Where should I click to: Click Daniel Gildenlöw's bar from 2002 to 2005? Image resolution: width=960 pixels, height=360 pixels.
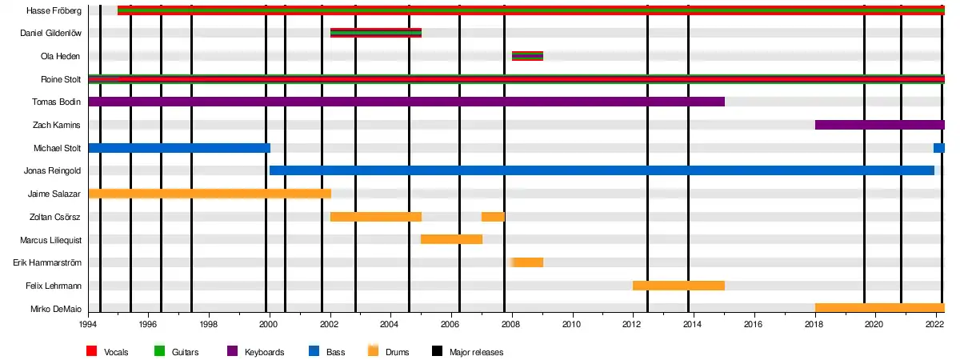pos(375,33)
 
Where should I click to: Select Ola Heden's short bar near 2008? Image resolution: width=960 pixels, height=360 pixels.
pos(527,56)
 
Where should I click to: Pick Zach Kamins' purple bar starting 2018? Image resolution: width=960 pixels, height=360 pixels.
pos(879,125)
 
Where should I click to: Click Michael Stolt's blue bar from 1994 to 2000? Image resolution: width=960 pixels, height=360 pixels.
pos(179,148)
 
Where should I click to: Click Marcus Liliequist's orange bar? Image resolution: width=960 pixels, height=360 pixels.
pos(451,239)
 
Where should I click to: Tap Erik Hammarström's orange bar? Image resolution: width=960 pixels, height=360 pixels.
pos(527,262)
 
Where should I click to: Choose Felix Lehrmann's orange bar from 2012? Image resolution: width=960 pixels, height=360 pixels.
pos(678,286)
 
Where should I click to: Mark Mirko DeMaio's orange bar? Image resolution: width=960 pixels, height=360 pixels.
pos(879,308)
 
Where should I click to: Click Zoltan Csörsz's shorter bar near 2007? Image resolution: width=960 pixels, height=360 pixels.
pos(493,217)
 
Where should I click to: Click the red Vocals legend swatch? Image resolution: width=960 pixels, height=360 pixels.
pos(91,351)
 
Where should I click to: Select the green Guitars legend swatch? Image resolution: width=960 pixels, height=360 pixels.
pos(158,351)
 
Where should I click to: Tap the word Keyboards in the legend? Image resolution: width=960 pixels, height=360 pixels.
pos(264,352)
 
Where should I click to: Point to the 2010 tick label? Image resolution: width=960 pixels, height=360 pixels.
pos(571,325)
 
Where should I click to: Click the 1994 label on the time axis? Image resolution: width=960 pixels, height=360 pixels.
pos(88,325)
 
